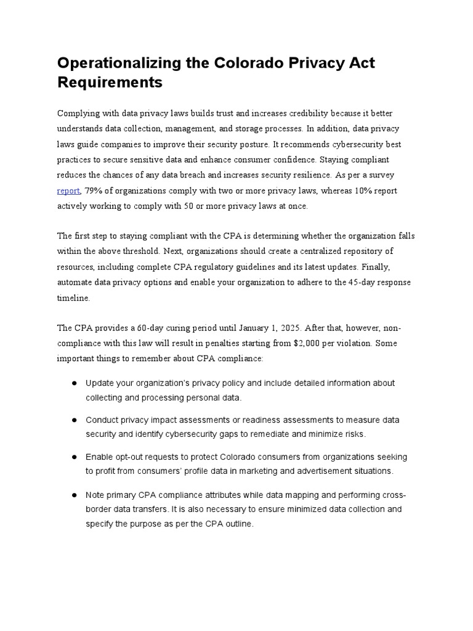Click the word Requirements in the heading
coord(110,82)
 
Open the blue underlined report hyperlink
coord(68,190)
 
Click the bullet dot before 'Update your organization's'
coord(73,383)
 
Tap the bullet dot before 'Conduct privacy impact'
coord(73,420)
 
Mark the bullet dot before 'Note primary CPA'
coord(73,495)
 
